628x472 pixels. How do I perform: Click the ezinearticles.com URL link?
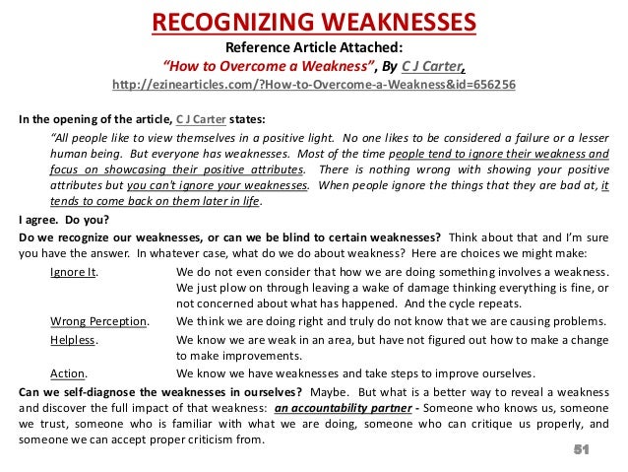(314, 86)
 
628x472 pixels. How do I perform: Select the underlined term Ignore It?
(76, 271)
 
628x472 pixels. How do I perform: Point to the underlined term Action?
(69, 373)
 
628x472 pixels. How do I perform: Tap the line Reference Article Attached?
(314, 46)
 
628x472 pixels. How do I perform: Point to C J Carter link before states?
(204, 120)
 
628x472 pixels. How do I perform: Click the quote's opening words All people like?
(92, 137)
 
